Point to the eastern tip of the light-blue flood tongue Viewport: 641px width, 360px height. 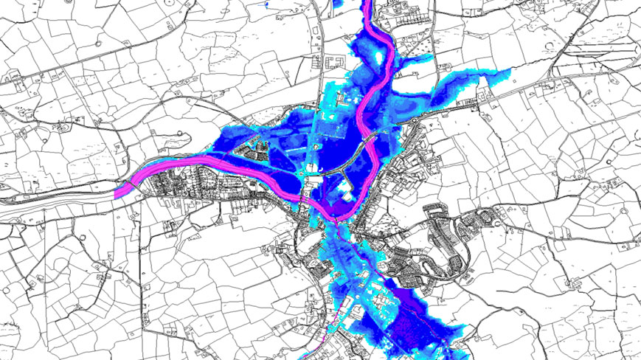pos(509,72)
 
